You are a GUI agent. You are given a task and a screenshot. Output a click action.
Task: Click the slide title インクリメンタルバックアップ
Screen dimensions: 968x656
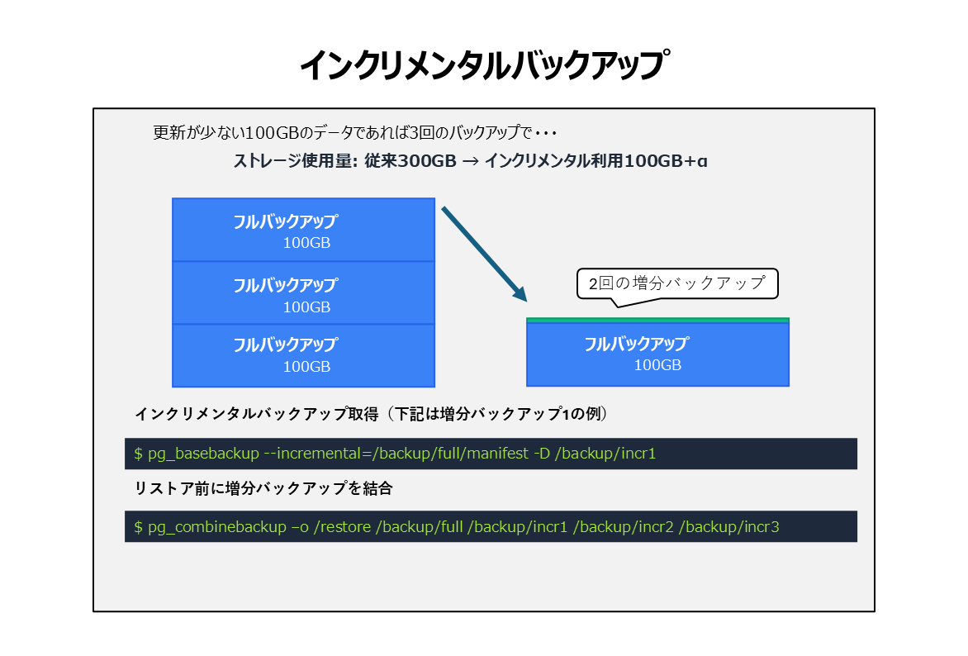coord(484,65)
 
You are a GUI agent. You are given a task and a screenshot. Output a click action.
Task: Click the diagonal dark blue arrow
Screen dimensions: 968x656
coord(485,254)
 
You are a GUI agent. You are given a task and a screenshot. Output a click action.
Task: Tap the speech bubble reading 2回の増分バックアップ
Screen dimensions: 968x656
coord(677,283)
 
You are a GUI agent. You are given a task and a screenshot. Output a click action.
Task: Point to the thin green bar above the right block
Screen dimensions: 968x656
coord(657,320)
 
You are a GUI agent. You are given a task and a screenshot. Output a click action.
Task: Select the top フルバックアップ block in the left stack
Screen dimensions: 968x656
coord(303,230)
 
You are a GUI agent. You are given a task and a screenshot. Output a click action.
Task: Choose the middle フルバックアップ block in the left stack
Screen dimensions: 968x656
coord(303,292)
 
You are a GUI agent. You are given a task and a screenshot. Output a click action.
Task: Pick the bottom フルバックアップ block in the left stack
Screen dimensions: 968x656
coord(303,356)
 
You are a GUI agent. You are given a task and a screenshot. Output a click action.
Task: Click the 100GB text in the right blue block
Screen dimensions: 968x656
coord(657,365)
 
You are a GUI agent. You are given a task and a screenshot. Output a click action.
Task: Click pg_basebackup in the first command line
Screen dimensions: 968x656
coord(203,454)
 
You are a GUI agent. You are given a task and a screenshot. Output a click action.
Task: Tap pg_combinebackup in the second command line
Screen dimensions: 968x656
coord(216,527)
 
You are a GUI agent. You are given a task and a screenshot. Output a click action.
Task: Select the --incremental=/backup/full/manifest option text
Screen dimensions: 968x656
coord(396,454)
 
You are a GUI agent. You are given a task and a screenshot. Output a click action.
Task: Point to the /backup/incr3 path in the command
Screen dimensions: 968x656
coord(729,527)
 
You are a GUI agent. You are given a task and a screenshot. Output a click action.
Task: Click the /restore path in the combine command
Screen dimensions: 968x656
coord(343,527)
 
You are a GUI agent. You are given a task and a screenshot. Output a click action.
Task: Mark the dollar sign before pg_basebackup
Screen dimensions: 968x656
coord(138,454)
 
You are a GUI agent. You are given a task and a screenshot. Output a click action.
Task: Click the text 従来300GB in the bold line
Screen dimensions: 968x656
coord(410,161)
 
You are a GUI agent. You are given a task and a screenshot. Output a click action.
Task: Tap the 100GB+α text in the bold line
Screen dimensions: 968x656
coord(666,161)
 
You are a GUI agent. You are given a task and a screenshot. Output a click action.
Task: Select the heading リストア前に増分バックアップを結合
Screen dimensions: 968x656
coord(263,488)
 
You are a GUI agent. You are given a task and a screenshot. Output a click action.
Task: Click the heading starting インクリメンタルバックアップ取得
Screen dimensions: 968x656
coord(371,414)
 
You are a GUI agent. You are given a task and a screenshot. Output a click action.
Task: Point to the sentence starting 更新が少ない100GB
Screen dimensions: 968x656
coord(355,133)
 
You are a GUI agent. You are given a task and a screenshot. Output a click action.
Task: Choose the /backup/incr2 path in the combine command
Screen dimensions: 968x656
coord(624,527)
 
